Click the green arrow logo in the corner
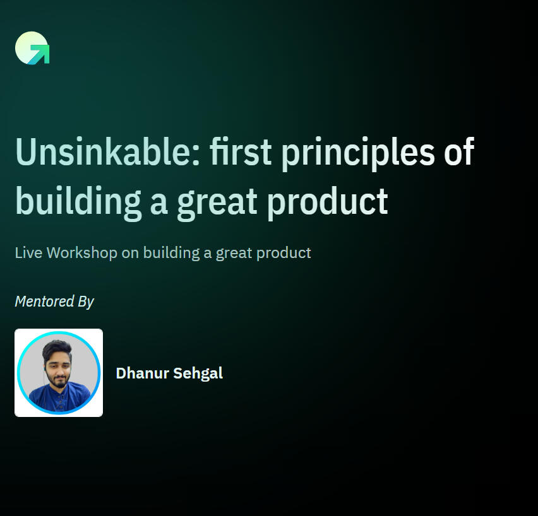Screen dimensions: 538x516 (x=32, y=48)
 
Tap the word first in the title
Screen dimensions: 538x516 (x=241, y=151)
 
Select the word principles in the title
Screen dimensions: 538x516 (x=358, y=154)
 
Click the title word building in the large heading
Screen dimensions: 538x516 (x=78, y=202)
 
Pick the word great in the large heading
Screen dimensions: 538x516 (x=217, y=204)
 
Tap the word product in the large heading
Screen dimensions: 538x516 (x=328, y=202)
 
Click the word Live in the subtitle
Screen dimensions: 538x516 (x=29, y=253)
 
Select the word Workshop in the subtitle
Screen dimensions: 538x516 (x=82, y=253)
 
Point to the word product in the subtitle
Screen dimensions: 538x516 (x=284, y=254)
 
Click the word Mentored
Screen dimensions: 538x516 (x=45, y=302)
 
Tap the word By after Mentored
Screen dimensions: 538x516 (x=86, y=302)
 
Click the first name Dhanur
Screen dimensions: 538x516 (x=143, y=373)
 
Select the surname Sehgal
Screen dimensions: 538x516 (x=198, y=373)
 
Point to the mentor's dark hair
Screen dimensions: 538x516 (x=57, y=348)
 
